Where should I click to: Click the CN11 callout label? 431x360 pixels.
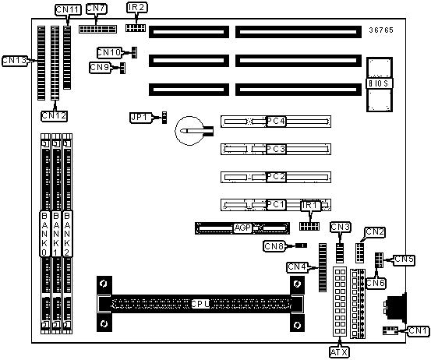(68, 10)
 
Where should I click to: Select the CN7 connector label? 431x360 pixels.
(96, 9)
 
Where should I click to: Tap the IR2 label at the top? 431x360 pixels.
(137, 8)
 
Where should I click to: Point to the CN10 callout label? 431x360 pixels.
(109, 52)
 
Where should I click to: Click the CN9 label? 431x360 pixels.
(101, 67)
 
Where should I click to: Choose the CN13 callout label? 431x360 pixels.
(15, 61)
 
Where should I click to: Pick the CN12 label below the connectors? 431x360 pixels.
(54, 116)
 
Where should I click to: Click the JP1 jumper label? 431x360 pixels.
(140, 118)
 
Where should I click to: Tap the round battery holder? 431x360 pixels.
(189, 131)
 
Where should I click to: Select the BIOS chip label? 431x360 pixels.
(379, 83)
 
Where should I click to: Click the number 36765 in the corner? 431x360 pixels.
(381, 30)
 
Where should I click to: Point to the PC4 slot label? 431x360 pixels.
(276, 122)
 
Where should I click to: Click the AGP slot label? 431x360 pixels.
(242, 228)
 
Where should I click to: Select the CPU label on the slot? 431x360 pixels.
(200, 304)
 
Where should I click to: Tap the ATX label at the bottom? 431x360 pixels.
(339, 351)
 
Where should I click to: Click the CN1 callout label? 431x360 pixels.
(419, 330)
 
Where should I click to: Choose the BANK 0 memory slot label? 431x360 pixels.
(44, 234)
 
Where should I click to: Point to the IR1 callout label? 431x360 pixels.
(311, 206)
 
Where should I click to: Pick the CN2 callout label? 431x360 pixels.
(374, 232)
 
